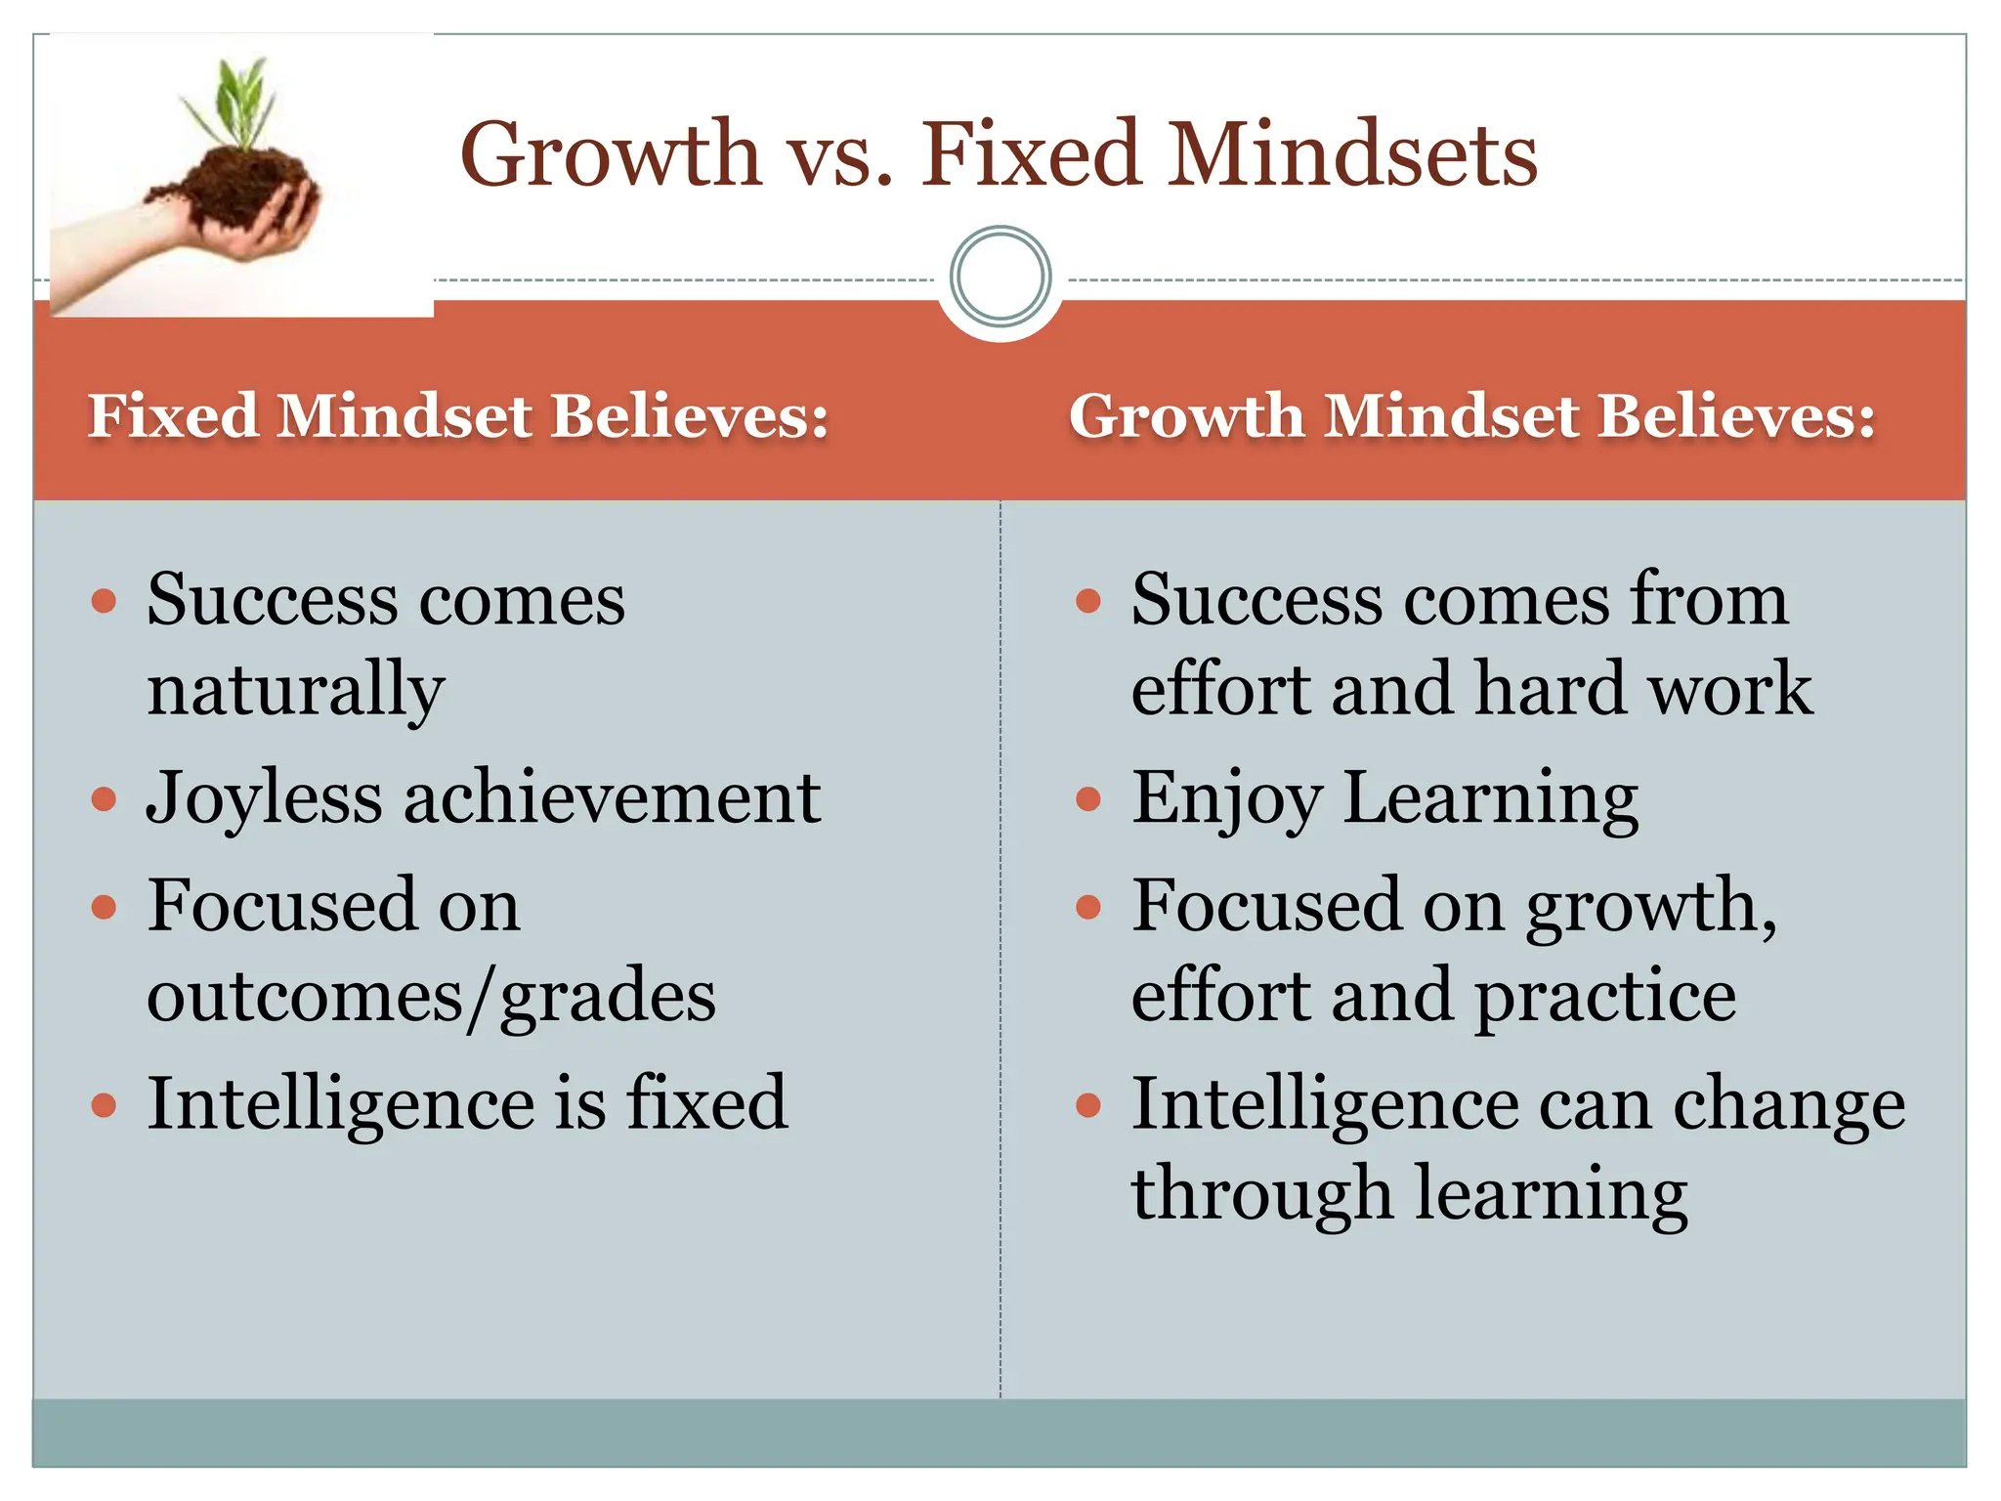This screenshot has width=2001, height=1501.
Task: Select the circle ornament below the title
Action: point(1000,277)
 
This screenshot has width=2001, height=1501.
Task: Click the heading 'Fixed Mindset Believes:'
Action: point(458,416)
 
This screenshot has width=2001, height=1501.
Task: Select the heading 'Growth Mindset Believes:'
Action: point(1471,416)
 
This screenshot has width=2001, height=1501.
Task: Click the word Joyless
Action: point(264,799)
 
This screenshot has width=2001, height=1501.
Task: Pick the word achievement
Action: point(612,797)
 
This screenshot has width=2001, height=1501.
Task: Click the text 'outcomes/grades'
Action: point(431,997)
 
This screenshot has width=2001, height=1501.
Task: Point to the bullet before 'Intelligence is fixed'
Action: point(104,1105)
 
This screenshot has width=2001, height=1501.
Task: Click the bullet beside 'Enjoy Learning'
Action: point(1087,800)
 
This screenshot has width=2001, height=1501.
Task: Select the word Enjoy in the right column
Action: point(1226,799)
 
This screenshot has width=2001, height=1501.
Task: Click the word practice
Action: point(1604,997)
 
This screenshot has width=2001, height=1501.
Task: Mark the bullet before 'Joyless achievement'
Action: point(104,800)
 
